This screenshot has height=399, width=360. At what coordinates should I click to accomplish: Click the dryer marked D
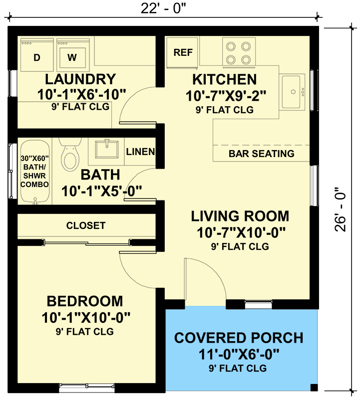tap(37, 55)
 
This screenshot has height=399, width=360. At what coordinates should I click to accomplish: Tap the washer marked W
tap(73, 55)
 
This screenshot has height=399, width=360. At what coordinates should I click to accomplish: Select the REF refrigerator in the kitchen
tap(182, 53)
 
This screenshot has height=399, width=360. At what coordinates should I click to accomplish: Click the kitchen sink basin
tap(291, 92)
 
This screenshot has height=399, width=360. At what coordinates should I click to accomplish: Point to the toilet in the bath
tap(70, 155)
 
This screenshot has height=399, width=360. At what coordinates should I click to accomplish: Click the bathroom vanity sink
tap(107, 149)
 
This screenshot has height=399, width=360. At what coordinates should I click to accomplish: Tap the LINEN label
tap(140, 152)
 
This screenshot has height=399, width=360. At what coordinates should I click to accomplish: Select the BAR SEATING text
tap(262, 154)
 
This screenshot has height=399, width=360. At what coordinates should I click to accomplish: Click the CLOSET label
tap(86, 225)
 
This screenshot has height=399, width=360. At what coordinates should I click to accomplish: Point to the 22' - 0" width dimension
tap(163, 8)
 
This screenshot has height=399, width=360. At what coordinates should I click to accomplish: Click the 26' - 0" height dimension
tap(340, 209)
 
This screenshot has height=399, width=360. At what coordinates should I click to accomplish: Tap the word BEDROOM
tap(85, 301)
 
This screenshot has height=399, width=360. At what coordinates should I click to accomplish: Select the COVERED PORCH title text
tap(239, 338)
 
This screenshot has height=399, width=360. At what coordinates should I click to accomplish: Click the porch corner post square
tap(314, 388)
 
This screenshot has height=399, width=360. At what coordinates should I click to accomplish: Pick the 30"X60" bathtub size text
tap(34, 158)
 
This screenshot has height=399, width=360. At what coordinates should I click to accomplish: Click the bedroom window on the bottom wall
tap(87, 386)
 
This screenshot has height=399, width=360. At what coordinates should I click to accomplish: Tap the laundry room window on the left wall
tap(12, 83)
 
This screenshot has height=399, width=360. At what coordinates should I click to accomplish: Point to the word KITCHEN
tap(225, 79)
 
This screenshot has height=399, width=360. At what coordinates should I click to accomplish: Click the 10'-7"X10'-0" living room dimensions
tap(241, 232)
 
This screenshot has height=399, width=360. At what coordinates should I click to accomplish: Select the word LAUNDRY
tap(80, 79)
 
